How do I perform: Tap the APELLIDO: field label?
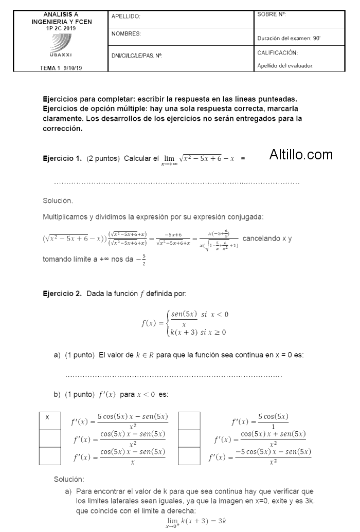point(126,17)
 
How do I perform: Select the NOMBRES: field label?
point(127,34)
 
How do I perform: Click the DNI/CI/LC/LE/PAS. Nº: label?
point(137,55)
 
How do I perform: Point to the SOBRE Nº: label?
point(271,15)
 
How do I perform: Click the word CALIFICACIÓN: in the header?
point(278,53)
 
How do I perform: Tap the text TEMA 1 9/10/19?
point(61,68)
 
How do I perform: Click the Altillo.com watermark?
point(301,154)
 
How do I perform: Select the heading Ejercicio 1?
point(62,158)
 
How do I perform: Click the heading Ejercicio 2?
point(62,294)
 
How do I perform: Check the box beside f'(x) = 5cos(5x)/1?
point(189,421)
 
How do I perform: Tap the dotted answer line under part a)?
point(174,376)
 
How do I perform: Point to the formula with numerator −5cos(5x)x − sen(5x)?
point(260,456)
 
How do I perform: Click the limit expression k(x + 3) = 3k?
point(195,522)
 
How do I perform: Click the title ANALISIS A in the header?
point(61,15)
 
